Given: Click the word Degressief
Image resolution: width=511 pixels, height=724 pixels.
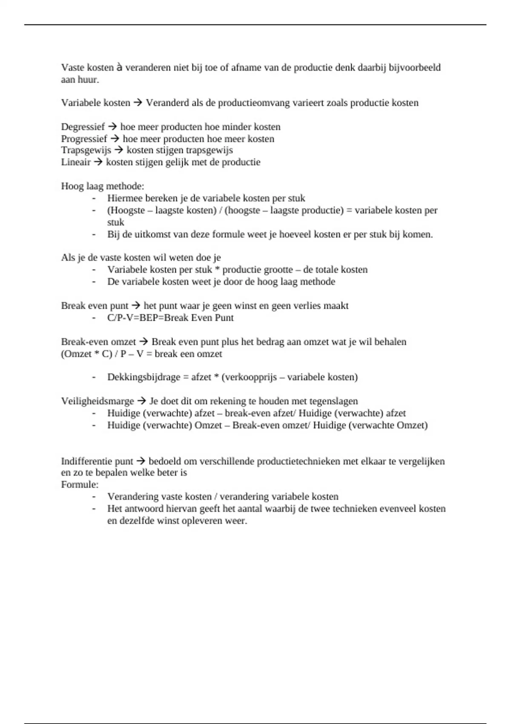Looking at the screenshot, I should pos(83,127).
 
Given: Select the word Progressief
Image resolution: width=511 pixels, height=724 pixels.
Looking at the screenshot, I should pos(84,139).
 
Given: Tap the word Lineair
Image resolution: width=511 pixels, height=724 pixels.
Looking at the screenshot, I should pos(76,162).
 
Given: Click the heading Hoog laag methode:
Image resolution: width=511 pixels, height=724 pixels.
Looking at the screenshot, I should pos(103,186).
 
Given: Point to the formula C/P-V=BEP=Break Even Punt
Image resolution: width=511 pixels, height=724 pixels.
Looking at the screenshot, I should pos(170,318).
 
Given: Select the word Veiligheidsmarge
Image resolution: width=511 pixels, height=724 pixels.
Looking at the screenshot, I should pos(98,401).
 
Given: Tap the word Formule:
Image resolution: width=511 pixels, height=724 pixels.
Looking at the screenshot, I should pos(80,485).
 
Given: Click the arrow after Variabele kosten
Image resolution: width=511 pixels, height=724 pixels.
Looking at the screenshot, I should pos(138,103).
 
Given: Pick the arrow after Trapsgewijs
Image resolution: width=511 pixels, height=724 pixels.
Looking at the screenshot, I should pos(119,150).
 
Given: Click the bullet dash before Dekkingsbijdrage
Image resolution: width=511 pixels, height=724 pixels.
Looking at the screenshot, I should pos(94,377).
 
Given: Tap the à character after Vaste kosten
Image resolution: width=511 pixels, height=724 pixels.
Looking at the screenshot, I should pos(120,67).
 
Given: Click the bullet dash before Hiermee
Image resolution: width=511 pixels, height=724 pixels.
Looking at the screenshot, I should pos(94,198).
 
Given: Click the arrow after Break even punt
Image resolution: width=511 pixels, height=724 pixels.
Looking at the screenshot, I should pos(136,306).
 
